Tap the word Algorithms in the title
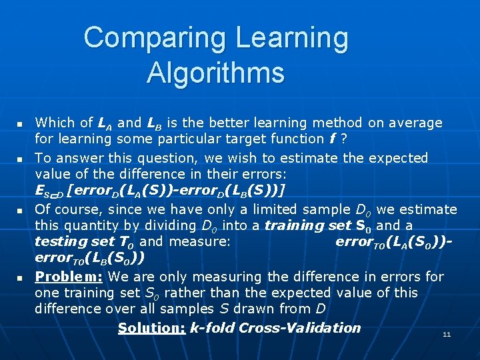tap(215, 72)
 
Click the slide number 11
tap(447, 334)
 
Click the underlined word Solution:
tap(151, 328)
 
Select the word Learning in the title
tap(291, 39)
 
